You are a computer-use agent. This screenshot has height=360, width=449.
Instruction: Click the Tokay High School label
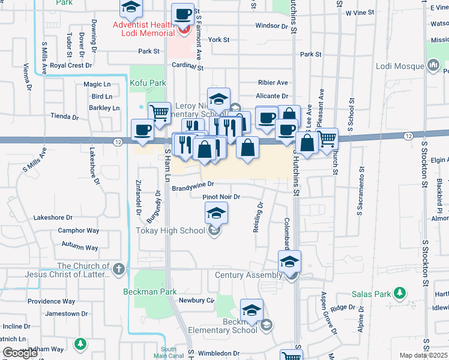point(170,230)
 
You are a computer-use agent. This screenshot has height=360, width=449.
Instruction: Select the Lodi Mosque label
point(399,65)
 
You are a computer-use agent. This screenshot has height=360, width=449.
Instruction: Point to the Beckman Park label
point(149,292)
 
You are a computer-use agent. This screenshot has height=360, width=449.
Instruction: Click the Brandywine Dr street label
point(193,188)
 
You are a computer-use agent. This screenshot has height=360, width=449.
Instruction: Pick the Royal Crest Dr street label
point(70,65)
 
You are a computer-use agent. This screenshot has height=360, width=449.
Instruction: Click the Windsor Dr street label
point(271,26)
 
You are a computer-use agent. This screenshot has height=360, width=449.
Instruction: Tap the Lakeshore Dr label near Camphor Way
point(53,217)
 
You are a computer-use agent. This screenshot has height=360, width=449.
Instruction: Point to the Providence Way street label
point(51,301)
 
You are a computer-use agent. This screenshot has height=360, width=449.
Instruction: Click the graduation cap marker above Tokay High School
point(216,213)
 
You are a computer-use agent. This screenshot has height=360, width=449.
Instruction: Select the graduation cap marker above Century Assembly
point(289,261)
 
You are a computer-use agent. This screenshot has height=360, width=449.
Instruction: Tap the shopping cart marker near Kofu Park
point(159,112)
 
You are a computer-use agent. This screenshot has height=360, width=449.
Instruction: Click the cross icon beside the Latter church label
point(119,269)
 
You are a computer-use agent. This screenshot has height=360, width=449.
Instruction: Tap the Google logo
point(20,353)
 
